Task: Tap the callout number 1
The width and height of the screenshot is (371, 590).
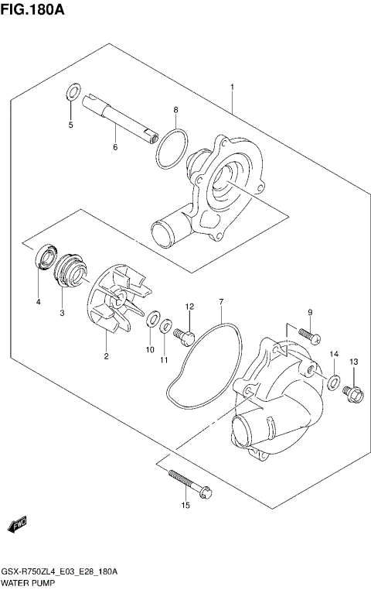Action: pos(232,87)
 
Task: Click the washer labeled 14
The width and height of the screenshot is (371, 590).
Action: pos(334,381)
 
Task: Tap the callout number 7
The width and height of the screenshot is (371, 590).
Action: pos(220,300)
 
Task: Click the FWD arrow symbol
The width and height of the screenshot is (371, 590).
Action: pos(17,527)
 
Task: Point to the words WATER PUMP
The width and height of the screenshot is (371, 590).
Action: pos(29,582)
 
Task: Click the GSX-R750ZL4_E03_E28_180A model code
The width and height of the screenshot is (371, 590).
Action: pos(59,571)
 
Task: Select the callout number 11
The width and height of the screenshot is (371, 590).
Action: pos(163,359)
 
